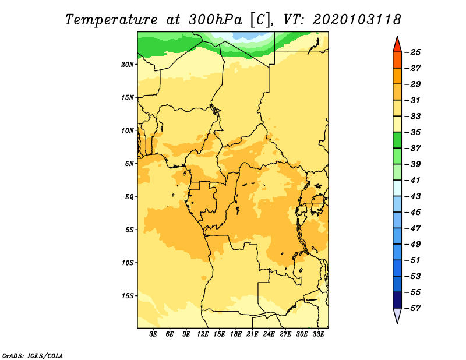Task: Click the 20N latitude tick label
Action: tap(128, 65)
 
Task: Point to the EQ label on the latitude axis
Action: tap(129, 197)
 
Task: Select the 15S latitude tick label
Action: tap(128, 296)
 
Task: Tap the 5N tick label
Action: tap(129, 164)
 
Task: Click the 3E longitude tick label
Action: tap(153, 334)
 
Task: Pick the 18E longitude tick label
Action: tap(236, 334)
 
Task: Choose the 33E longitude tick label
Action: tap(318, 334)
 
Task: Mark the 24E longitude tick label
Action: tap(269, 334)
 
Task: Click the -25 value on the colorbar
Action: tap(414, 52)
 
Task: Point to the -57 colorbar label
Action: tap(414, 308)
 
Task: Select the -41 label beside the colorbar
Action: tap(414, 181)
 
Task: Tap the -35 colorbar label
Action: tap(414, 132)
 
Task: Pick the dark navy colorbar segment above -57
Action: tap(397, 300)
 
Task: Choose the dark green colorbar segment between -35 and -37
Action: tap(397, 140)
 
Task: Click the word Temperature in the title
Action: tap(111, 20)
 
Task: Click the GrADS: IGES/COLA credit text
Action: tap(33, 356)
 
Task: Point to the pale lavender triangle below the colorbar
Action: tap(397, 315)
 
